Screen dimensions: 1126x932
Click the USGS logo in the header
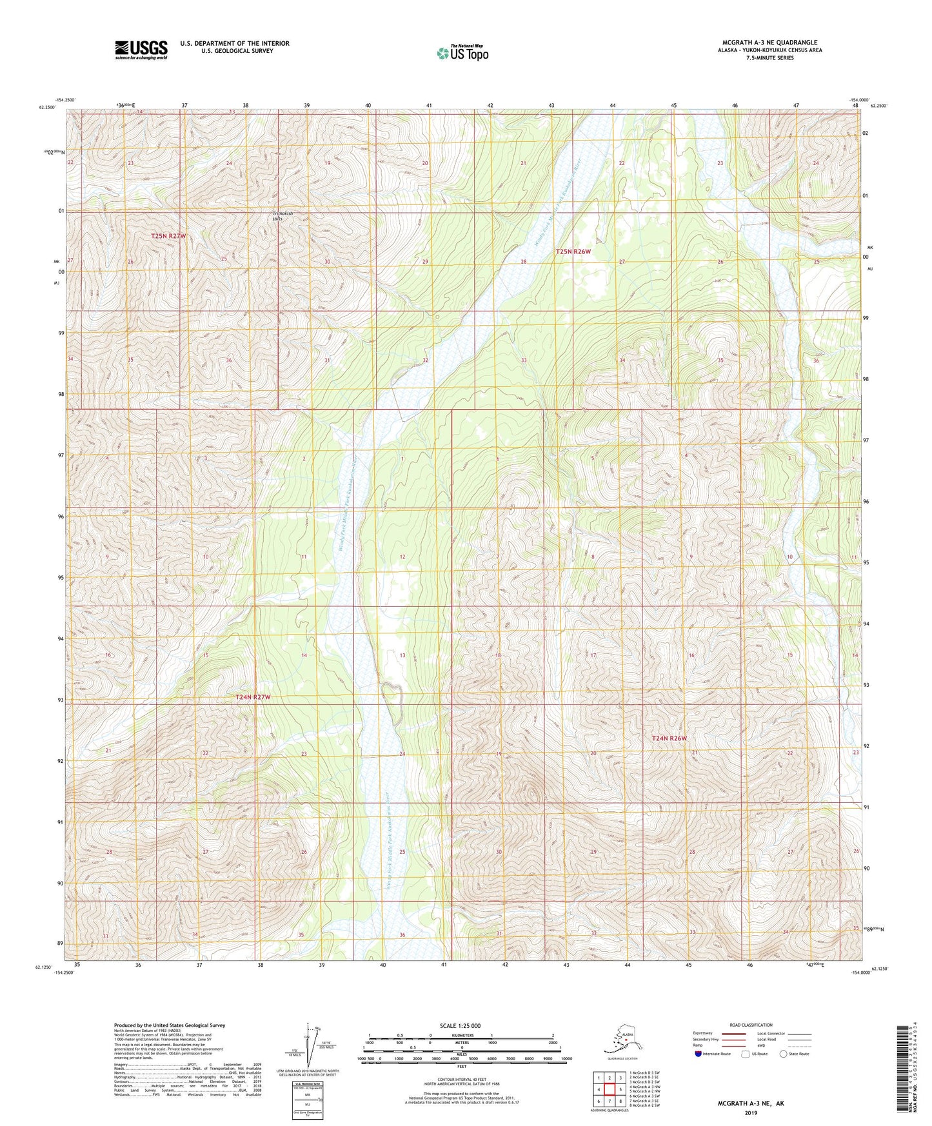[x=141, y=50]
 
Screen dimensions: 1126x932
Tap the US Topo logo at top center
[x=462, y=52]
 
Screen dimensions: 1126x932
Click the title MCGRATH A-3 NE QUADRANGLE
[x=769, y=43]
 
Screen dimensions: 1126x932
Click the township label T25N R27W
[x=168, y=236]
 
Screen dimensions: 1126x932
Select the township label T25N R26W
[x=573, y=252]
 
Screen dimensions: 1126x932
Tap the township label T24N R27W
[x=253, y=697]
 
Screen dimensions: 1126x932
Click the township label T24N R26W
[x=669, y=738]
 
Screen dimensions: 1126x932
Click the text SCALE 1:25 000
[x=461, y=1025]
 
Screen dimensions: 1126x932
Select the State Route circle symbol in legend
[x=784, y=1054]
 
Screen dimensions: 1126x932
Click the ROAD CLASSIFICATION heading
[x=751, y=1025]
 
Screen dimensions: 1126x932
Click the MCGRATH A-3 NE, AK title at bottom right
[x=751, y=1103]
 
